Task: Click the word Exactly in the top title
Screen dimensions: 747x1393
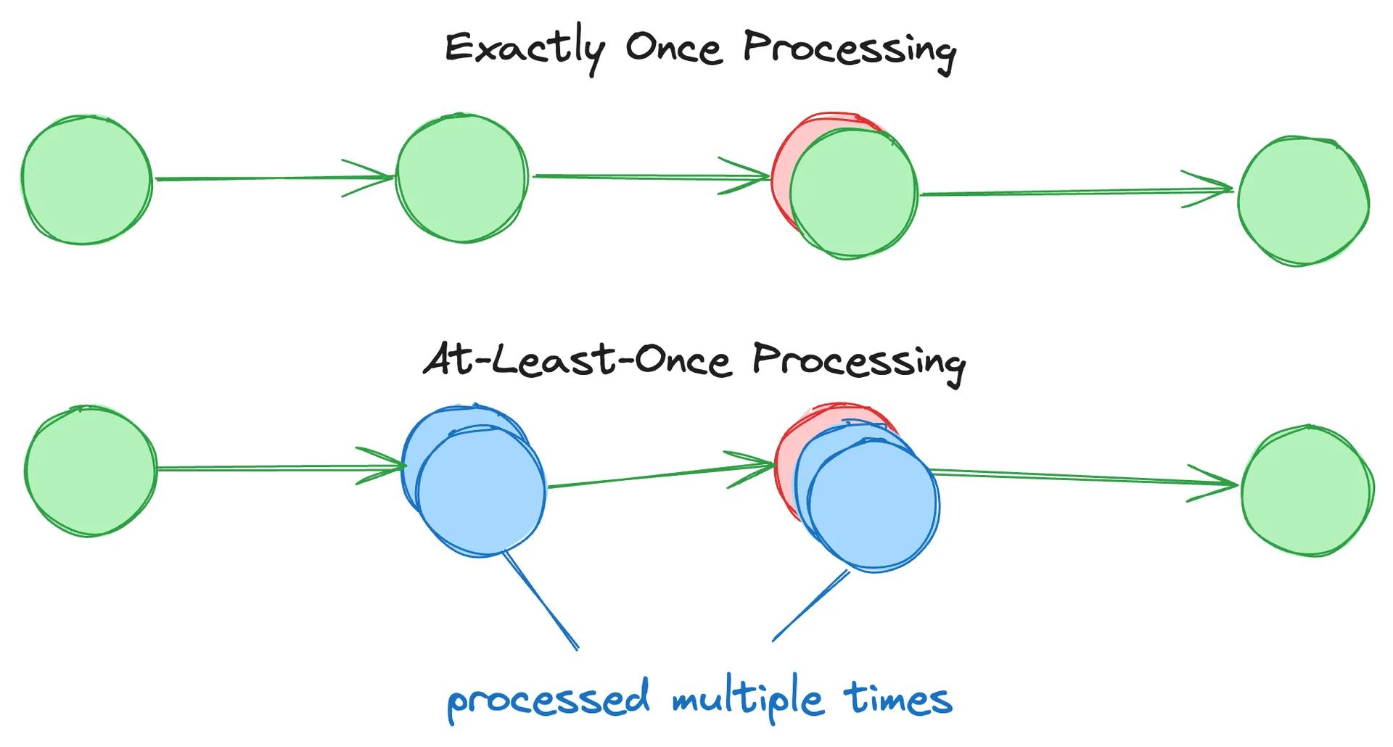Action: tap(524, 49)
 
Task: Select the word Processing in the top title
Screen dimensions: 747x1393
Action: tap(850, 49)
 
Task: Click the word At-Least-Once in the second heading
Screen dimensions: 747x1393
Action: tap(576, 360)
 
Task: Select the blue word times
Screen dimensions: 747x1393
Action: tap(897, 698)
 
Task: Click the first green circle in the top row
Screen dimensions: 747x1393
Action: tap(86, 179)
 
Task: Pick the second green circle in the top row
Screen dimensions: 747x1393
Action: tap(461, 178)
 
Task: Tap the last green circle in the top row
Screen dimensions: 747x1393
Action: tap(1303, 201)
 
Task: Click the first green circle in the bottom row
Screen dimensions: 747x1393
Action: tap(90, 471)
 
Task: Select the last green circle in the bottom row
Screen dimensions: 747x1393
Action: tap(1307, 490)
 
